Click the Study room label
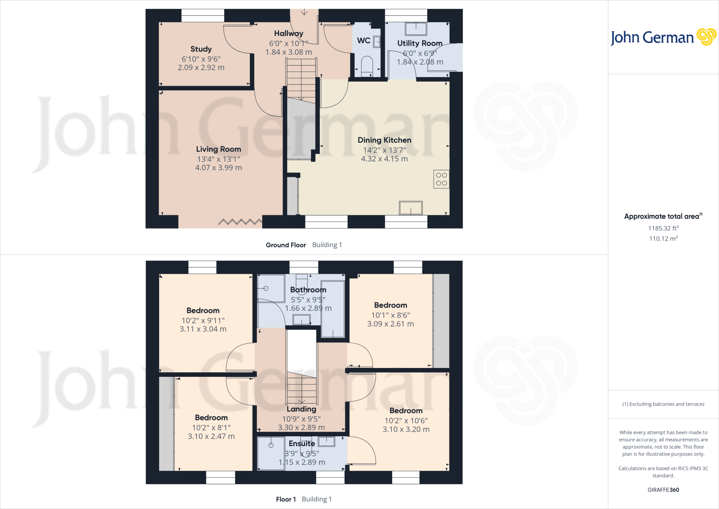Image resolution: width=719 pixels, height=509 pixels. click(x=201, y=49)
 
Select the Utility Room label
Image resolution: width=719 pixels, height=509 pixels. click(x=420, y=43)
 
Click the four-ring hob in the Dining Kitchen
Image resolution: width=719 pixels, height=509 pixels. click(x=441, y=179)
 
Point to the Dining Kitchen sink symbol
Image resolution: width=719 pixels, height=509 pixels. click(x=410, y=208)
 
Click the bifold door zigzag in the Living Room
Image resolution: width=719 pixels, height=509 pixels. click(x=240, y=222)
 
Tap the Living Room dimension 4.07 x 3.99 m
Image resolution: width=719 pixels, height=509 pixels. click(x=218, y=168)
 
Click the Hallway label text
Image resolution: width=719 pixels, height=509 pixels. click(x=289, y=33)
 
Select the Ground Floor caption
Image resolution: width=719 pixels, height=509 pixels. click(x=286, y=245)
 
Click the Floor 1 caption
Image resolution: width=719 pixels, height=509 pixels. click(x=286, y=499)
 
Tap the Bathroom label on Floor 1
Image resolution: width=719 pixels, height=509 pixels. click(x=308, y=290)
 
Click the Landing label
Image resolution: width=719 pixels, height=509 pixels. click(x=301, y=409)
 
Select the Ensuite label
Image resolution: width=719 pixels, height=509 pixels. click(x=302, y=444)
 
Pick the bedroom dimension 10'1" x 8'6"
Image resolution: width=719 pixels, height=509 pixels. click(x=390, y=315)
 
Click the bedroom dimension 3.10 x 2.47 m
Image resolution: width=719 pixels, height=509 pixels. click(x=211, y=436)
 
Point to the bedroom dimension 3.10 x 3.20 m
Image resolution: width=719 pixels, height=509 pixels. click(x=406, y=429)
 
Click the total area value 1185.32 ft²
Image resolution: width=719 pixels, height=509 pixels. click(x=663, y=228)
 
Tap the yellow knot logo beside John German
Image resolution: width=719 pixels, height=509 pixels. click(x=706, y=37)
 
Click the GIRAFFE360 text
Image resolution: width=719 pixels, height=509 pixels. click(x=663, y=490)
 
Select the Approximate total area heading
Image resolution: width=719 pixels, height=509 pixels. click(x=662, y=217)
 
